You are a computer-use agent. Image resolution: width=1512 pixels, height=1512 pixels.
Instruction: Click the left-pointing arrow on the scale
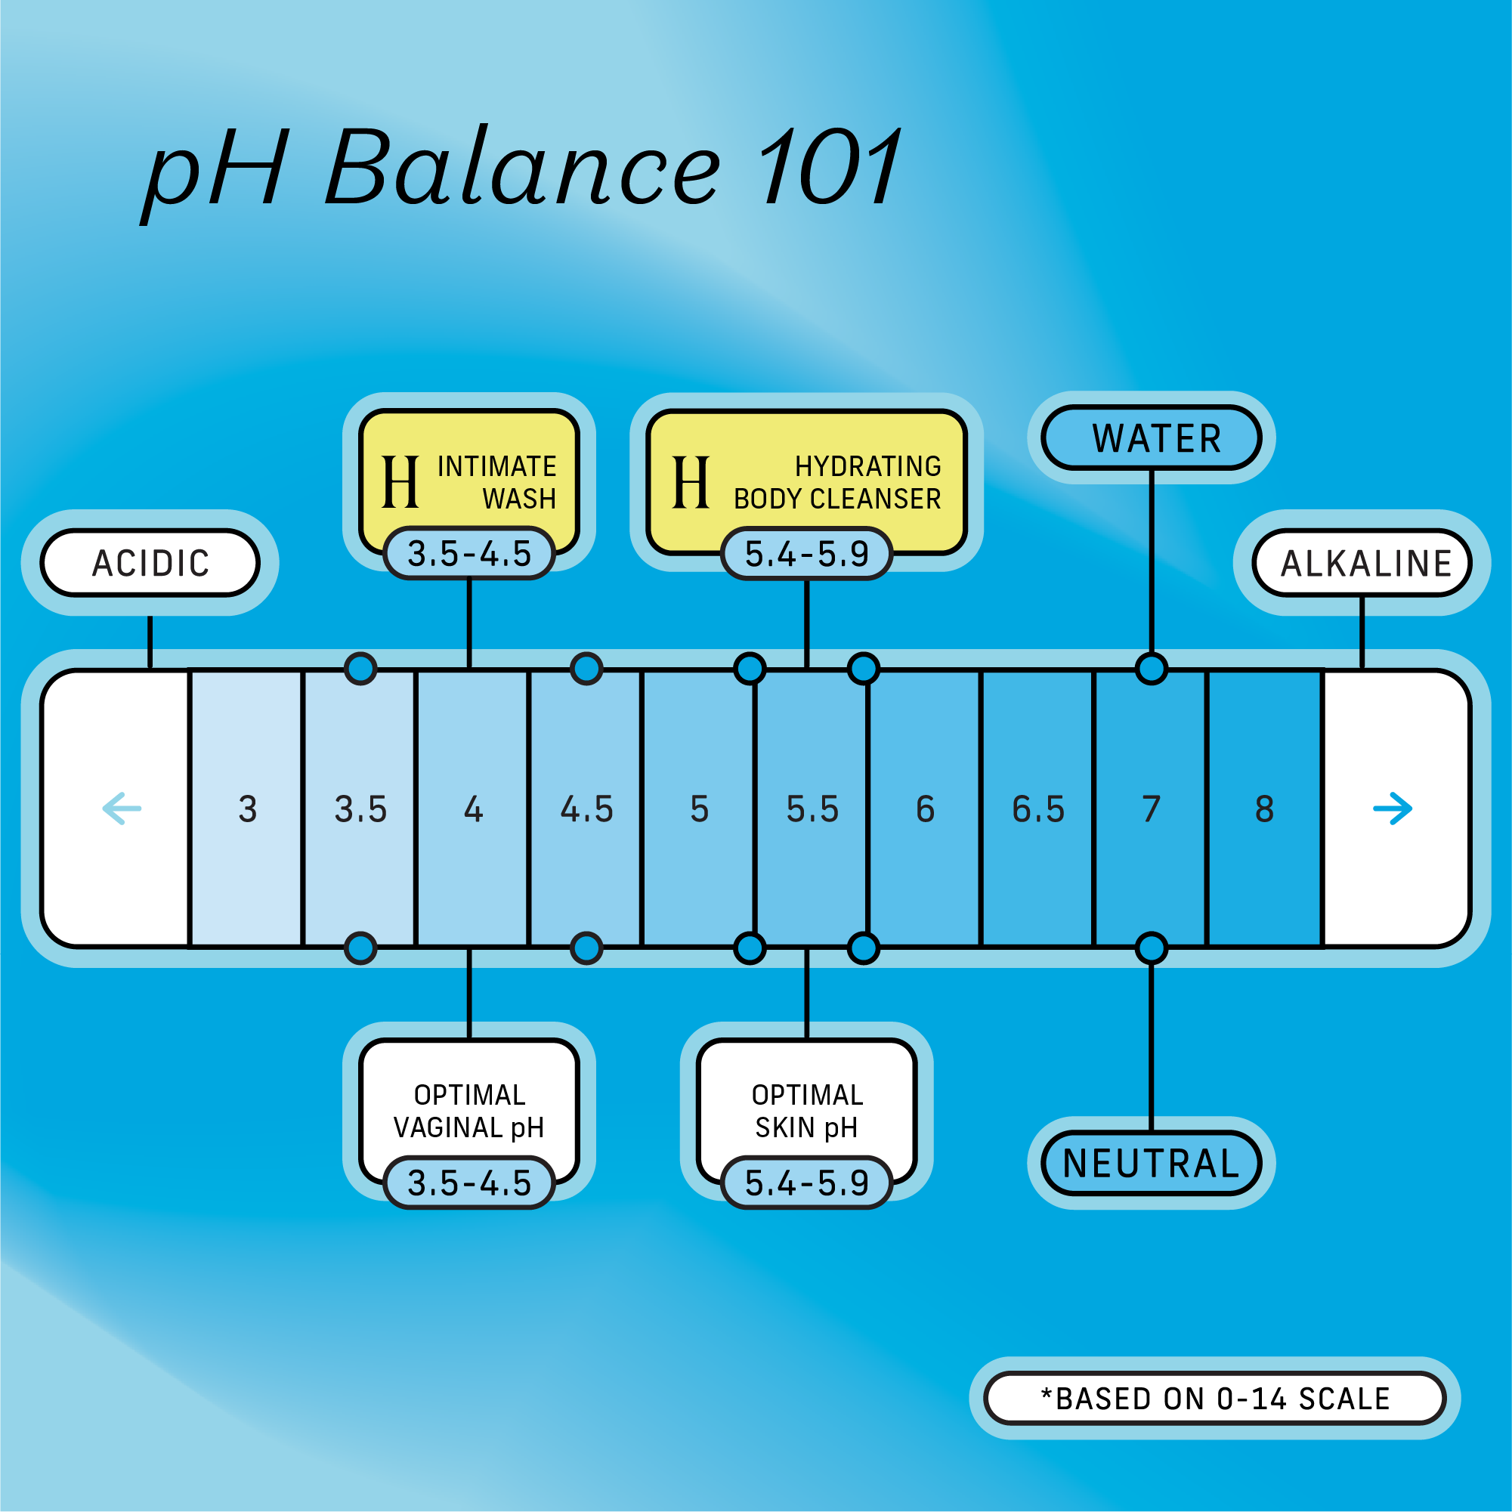pyautogui.click(x=122, y=809)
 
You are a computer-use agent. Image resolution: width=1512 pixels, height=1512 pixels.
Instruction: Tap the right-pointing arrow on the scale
pyautogui.click(x=1393, y=809)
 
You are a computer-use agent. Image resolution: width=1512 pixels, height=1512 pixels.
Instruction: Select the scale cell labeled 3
pyautogui.click(x=247, y=809)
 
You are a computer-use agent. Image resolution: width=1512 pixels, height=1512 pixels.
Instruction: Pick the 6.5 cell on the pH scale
pyautogui.click(x=1037, y=809)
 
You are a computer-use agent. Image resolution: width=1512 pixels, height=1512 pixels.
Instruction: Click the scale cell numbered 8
pyautogui.click(x=1264, y=809)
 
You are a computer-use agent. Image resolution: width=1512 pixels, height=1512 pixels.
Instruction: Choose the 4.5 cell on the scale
pyautogui.click(x=586, y=809)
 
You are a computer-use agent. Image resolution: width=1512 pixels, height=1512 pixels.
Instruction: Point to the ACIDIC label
pyautogui.click(x=150, y=563)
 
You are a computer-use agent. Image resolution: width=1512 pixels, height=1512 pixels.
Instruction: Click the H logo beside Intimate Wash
pyautogui.click(x=400, y=482)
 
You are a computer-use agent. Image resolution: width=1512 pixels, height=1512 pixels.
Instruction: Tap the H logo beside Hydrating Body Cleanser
pyautogui.click(x=691, y=482)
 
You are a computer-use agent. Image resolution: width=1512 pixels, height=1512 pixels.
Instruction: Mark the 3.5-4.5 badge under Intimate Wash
pyautogui.click(x=469, y=553)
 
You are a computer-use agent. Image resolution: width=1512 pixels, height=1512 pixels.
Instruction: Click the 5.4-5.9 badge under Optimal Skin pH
pyautogui.click(x=806, y=1183)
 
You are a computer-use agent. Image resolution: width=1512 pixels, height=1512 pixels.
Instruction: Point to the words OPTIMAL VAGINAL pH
pyautogui.click(x=468, y=1112)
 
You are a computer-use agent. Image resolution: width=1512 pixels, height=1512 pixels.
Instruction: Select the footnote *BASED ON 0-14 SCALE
pyautogui.click(x=1214, y=1399)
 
